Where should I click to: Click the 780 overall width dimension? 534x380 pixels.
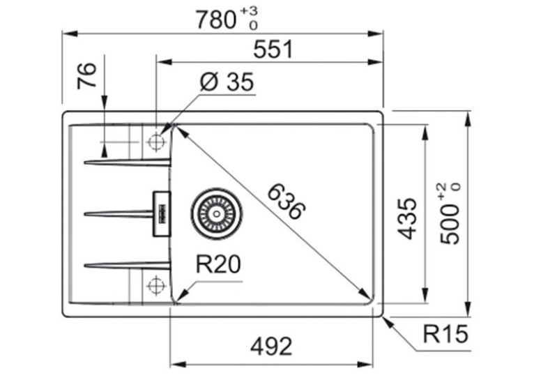click(216, 20)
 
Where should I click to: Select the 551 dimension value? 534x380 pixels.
click(273, 50)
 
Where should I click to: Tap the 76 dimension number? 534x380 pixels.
click(87, 75)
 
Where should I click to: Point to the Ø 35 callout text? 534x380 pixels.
click(227, 82)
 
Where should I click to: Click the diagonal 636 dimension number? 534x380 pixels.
click(286, 202)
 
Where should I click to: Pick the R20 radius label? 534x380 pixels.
click(218, 264)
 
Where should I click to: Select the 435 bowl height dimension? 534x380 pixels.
click(407, 218)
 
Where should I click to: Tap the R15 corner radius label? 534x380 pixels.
click(445, 334)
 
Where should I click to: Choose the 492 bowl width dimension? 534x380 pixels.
click(271, 347)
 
